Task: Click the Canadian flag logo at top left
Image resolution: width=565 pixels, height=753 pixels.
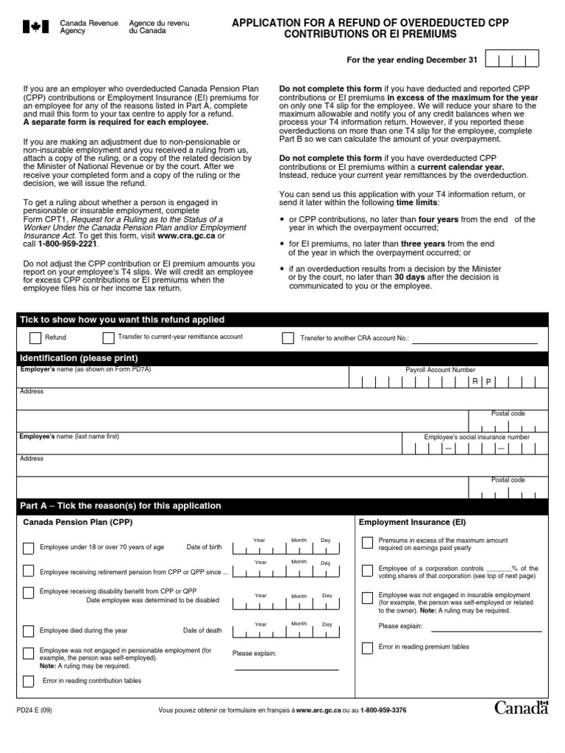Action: click(35, 27)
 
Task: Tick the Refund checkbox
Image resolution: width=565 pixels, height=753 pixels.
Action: click(35, 338)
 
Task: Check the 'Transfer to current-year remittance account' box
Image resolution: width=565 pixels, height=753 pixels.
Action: click(108, 338)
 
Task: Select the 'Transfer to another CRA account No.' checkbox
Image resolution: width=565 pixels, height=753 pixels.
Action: click(288, 338)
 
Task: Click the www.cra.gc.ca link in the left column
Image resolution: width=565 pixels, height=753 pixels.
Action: click(185, 235)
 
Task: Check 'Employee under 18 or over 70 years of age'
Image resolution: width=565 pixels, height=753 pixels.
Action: click(28, 548)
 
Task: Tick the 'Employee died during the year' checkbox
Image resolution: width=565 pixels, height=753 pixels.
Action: click(28, 631)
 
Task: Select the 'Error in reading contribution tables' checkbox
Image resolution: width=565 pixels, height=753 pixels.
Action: click(28, 681)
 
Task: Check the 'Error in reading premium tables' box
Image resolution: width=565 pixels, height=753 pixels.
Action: click(367, 647)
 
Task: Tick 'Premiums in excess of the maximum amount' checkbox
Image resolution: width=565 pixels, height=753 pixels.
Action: click(367, 543)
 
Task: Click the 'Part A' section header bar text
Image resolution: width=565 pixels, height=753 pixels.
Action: click(122, 506)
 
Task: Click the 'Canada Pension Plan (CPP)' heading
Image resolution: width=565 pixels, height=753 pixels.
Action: click(78, 522)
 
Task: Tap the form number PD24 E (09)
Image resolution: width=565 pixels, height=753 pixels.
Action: click(34, 710)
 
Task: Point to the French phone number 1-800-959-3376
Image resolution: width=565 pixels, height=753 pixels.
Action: click(383, 710)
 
